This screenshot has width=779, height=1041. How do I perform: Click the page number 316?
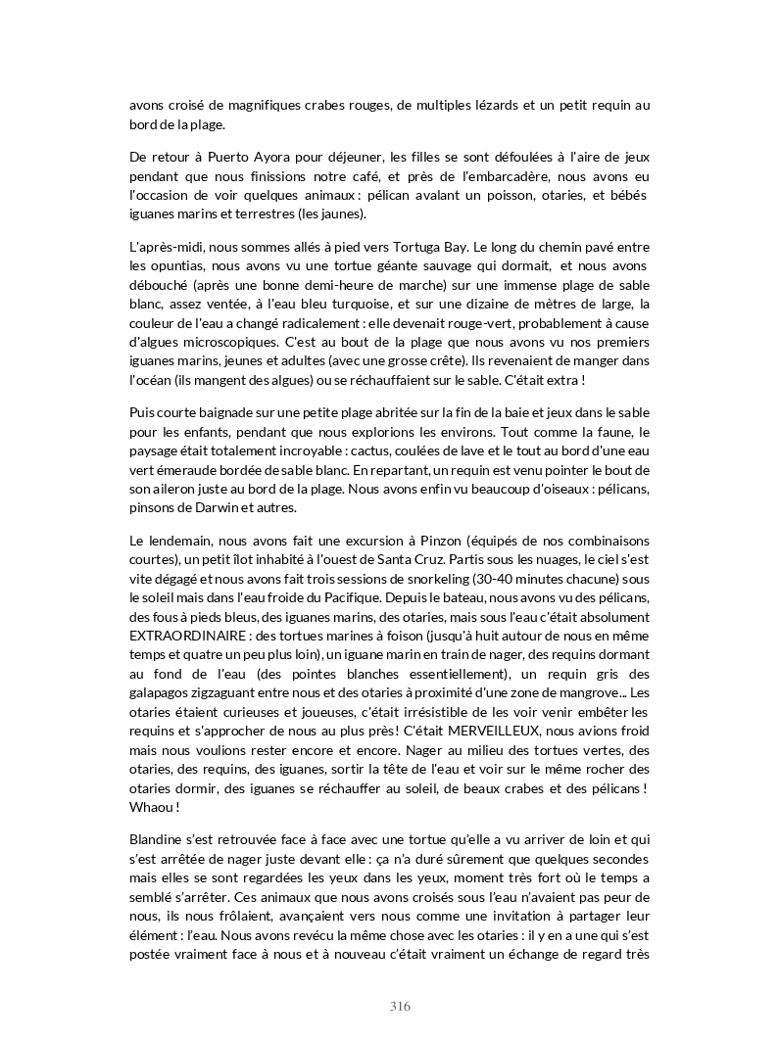coord(400,1006)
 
